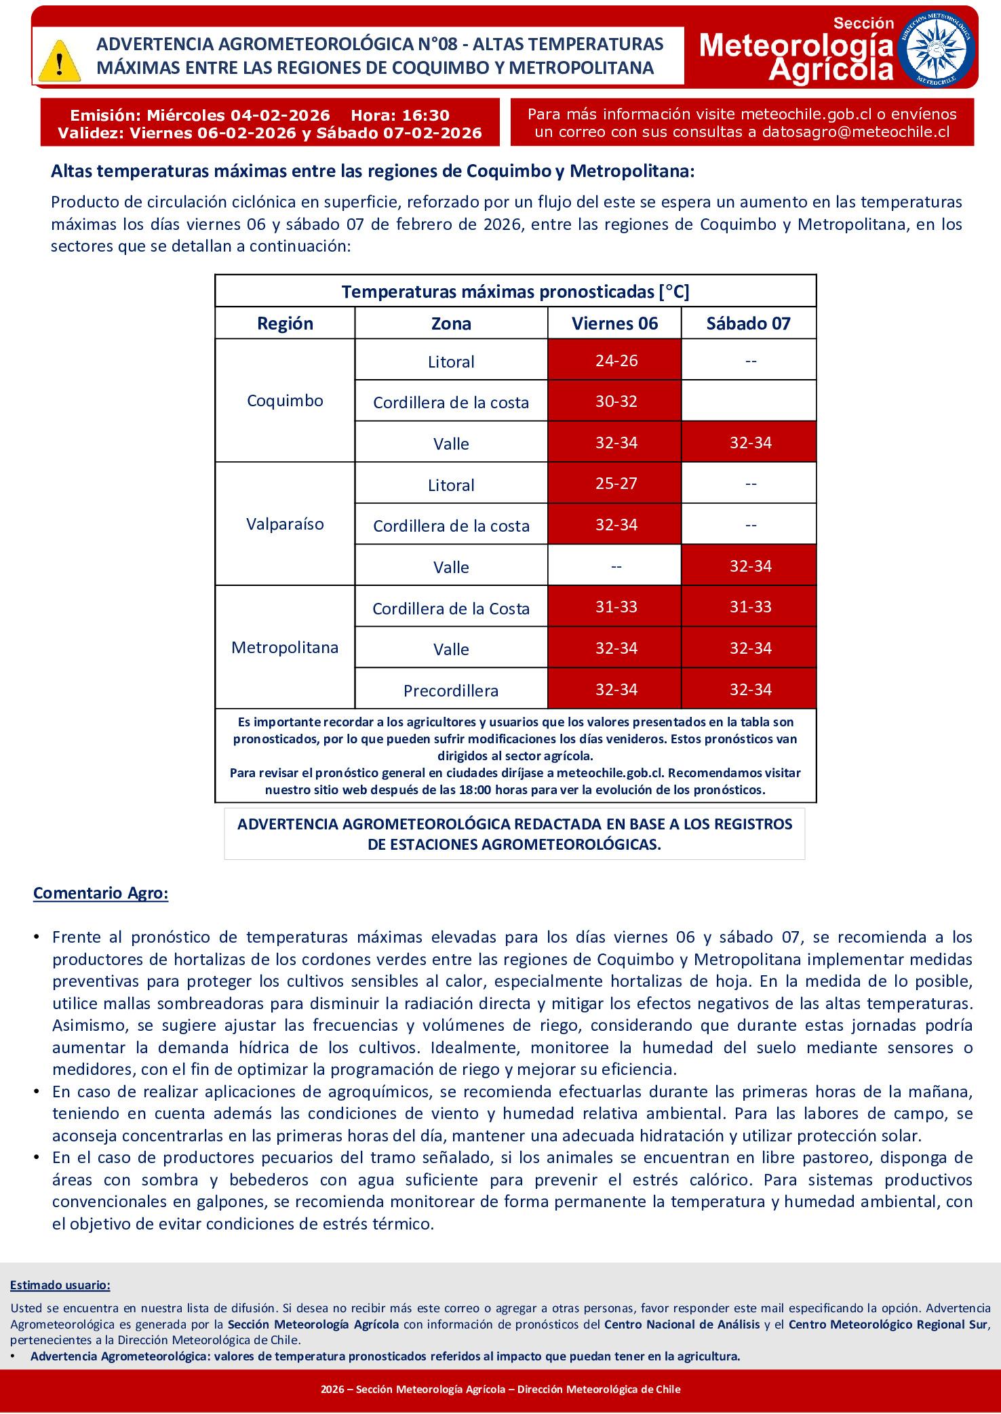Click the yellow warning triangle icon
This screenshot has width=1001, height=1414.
(60, 60)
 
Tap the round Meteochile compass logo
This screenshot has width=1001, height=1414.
(937, 50)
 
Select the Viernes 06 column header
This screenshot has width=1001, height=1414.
(614, 323)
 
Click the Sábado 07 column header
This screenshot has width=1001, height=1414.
(749, 323)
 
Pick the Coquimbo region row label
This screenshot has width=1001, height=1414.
(285, 401)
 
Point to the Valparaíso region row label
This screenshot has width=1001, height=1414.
(285, 524)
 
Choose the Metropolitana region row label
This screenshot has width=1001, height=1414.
(285, 648)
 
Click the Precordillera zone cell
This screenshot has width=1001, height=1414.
(451, 691)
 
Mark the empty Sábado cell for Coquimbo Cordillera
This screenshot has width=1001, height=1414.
(749, 401)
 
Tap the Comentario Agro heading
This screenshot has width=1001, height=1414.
(101, 893)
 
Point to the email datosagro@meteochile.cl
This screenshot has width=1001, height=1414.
(855, 132)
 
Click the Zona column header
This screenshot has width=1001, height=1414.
(451, 323)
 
